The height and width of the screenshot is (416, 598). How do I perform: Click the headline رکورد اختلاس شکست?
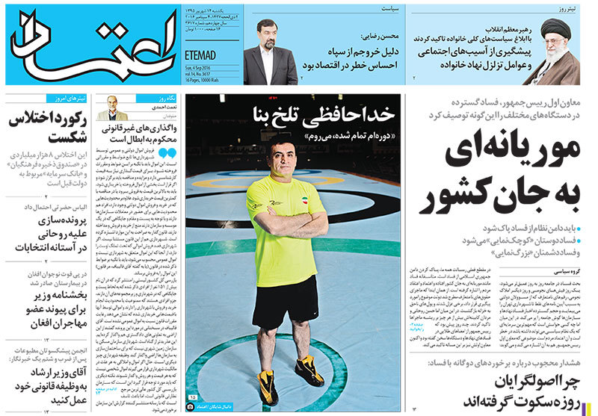click(49, 128)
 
